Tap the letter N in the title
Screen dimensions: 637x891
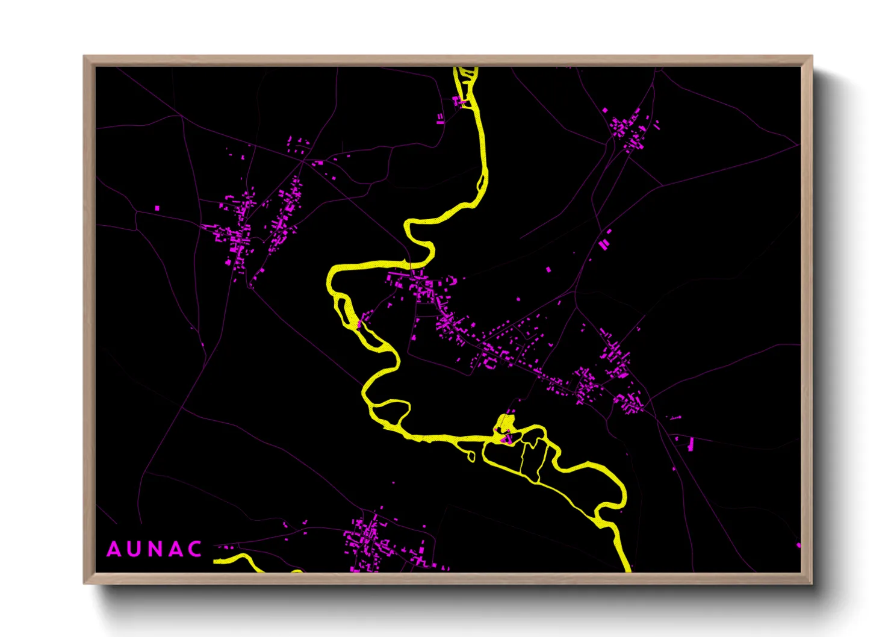[155, 549]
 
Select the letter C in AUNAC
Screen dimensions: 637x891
[194, 549]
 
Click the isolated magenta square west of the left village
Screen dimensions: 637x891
[157, 208]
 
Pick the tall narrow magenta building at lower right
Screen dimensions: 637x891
[690, 444]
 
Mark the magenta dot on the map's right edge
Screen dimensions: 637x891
[799, 545]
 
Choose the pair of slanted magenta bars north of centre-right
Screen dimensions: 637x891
[604, 244]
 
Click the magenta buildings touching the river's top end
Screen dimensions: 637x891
[459, 101]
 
